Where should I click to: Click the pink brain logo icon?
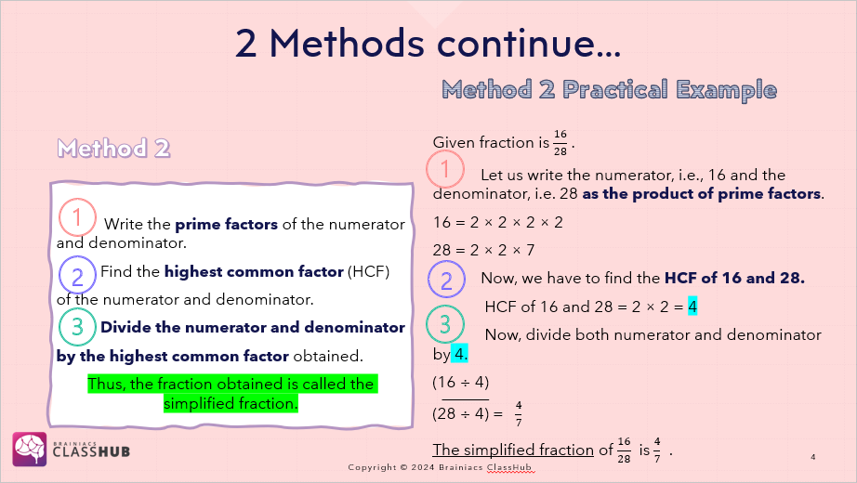tap(30, 450)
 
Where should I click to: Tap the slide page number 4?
tap(813, 457)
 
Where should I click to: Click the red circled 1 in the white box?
tap(77, 217)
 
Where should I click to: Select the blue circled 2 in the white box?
tap(77, 275)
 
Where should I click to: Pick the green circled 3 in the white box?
tap(77, 327)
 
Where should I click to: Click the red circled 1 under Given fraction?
tap(445, 169)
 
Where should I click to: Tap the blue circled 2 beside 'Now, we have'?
tap(446, 280)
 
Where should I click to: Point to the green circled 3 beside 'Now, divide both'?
tap(445, 324)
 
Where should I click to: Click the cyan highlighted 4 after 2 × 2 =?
tap(692, 307)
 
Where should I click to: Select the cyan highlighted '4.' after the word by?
tap(460, 354)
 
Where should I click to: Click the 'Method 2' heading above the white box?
tap(113, 148)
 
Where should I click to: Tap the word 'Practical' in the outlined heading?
tap(615, 89)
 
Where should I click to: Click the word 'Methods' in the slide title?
tap(347, 43)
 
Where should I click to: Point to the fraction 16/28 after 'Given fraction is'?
tap(560, 143)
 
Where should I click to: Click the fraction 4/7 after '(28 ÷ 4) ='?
tap(518, 413)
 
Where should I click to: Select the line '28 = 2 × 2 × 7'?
tap(483, 250)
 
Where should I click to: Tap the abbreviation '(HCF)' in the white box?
tap(368, 271)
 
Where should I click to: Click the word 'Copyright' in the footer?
tap(372, 468)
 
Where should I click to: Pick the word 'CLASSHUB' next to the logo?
tap(91, 451)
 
